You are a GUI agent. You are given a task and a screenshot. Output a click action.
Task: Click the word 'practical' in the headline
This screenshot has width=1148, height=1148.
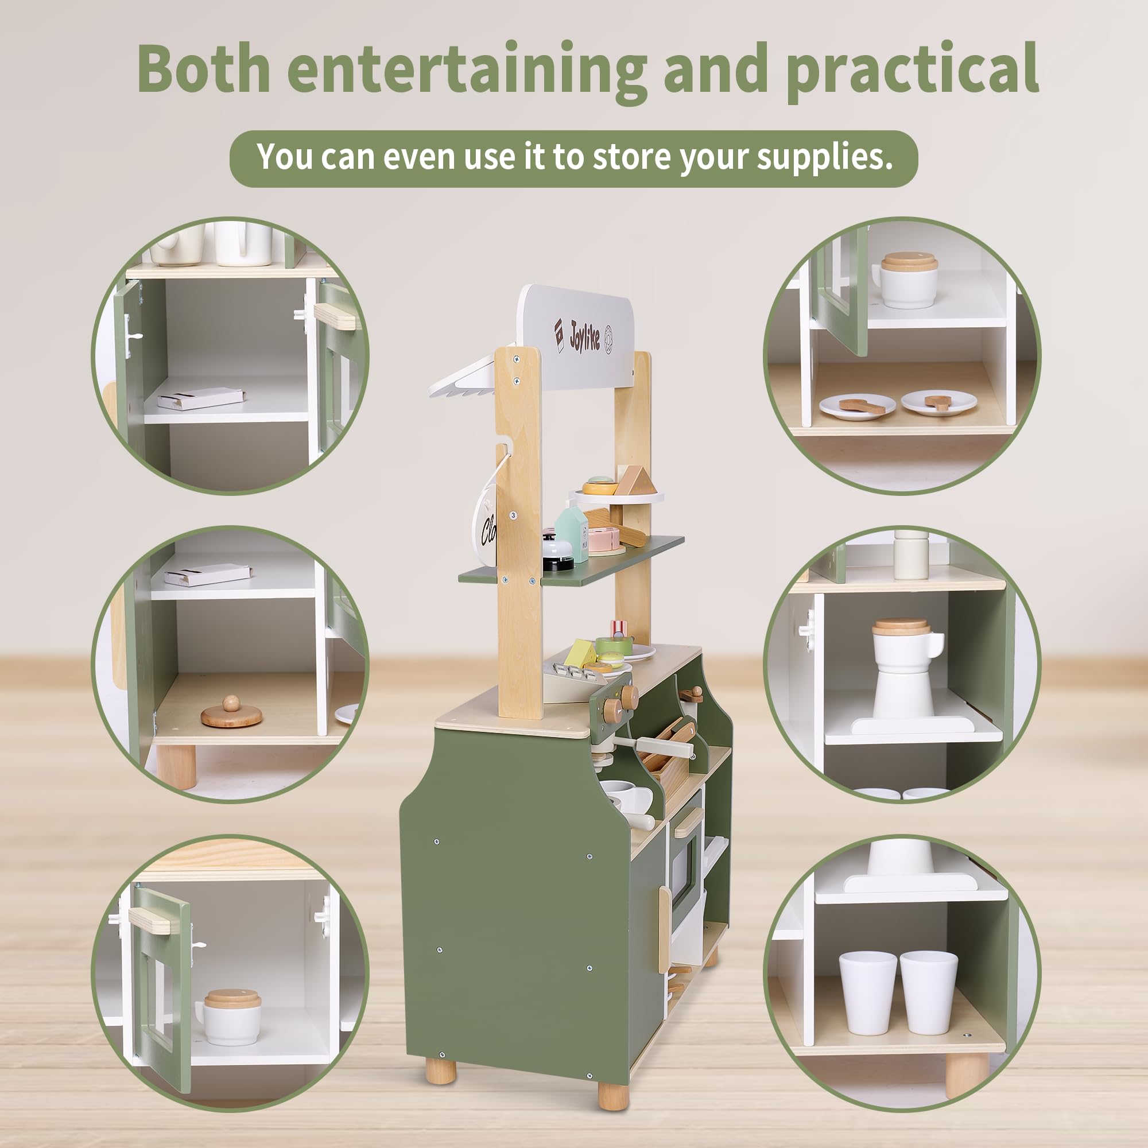(x=912, y=70)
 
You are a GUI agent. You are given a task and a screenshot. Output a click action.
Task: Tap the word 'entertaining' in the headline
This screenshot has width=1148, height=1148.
(x=467, y=70)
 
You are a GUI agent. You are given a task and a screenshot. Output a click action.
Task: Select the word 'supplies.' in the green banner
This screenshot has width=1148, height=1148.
(x=825, y=157)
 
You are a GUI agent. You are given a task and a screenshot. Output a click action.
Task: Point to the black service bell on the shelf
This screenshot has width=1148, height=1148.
(x=557, y=553)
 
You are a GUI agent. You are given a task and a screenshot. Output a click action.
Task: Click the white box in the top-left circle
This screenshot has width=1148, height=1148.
(x=201, y=398)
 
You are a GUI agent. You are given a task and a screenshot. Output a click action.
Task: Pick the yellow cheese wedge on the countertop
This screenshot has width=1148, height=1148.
(x=579, y=654)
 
